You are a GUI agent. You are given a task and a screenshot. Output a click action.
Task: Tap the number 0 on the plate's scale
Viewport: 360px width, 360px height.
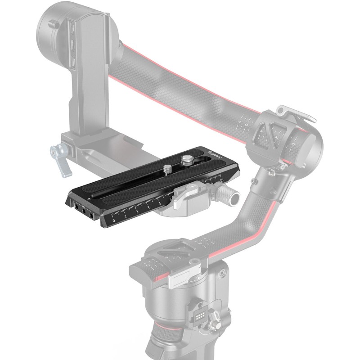tap(113, 220)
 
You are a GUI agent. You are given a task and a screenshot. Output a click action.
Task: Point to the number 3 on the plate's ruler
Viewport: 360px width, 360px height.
tap(148, 208)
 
